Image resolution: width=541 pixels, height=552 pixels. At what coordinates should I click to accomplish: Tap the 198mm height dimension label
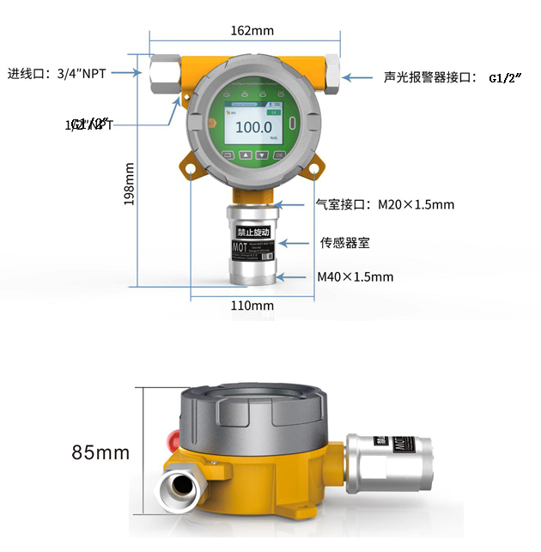(130, 185)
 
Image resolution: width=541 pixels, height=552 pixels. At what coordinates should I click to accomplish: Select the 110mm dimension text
(252, 306)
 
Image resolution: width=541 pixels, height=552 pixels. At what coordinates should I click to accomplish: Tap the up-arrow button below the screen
(245, 155)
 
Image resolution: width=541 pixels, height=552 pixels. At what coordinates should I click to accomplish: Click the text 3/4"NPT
(82, 73)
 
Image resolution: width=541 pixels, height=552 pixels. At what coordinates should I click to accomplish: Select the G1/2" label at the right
(507, 77)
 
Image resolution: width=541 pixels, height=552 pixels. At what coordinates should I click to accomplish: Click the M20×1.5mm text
(416, 204)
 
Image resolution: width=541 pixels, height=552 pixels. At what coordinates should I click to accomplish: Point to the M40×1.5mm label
(355, 276)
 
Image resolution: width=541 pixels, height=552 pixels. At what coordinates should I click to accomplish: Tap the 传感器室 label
(345, 243)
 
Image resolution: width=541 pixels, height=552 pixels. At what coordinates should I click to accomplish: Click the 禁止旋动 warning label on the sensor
(253, 232)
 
